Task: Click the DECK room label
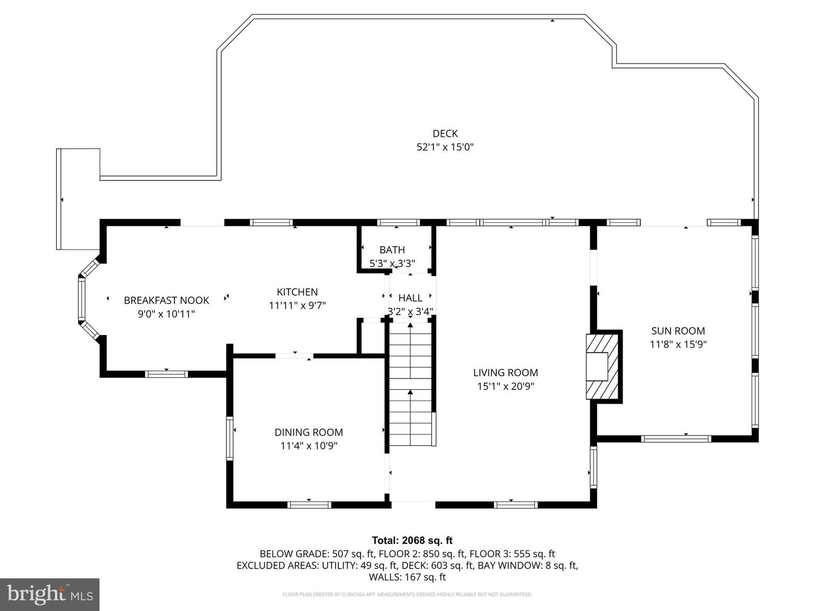tap(445, 134)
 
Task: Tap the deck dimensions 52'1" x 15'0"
tap(445, 147)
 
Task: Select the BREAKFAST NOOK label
tap(166, 300)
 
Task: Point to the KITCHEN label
tap(297, 292)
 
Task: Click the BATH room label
tap(392, 249)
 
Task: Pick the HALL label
tap(410, 298)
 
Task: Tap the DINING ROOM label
tap(308, 432)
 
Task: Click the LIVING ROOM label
tap(505, 373)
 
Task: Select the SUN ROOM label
tap(678, 331)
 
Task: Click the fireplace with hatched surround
tap(603, 367)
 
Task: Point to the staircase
tap(410, 385)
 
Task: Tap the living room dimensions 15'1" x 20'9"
tap(505, 386)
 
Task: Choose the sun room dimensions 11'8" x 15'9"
tap(678, 344)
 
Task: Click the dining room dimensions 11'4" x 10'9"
tap(308, 446)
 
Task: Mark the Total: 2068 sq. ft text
tap(412, 540)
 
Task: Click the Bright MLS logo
tap(49, 594)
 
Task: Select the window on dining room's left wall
tap(230, 438)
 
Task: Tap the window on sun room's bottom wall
tap(676, 438)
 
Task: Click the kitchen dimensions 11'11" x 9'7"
tap(297, 305)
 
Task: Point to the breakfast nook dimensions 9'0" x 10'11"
tap(166, 314)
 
